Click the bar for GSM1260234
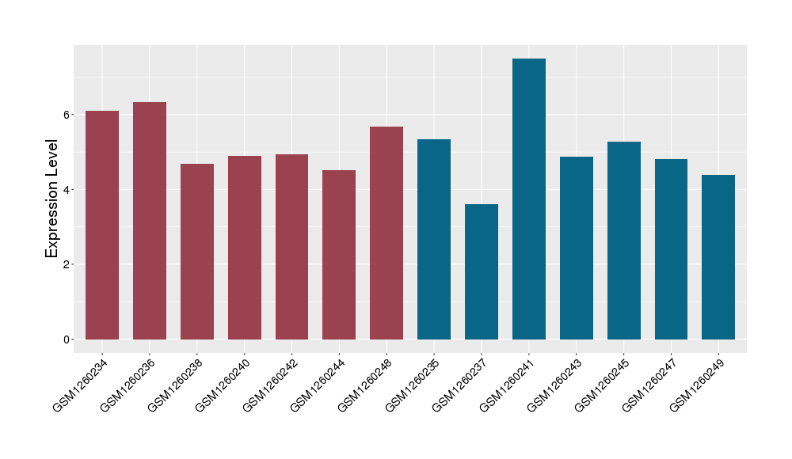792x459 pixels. tap(102, 226)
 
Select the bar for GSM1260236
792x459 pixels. tap(150, 221)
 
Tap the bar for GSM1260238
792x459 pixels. tap(197, 252)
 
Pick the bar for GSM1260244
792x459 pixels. tap(339, 255)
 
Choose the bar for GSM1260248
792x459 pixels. tap(386, 233)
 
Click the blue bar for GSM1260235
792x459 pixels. tap(434, 239)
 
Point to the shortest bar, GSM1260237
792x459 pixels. tap(482, 271)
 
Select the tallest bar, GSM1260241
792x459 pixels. tap(529, 199)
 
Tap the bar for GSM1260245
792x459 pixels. tap(624, 241)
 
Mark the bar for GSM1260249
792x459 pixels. tap(718, 257)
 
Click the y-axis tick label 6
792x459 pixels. tap(68, 115)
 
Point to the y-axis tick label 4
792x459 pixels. tap(68, 190)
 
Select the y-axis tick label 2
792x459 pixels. tap(68, 264)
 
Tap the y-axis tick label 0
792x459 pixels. tap(68, 340)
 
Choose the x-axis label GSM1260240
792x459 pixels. tap(221, 385)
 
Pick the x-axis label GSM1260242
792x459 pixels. tap(268, 385)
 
